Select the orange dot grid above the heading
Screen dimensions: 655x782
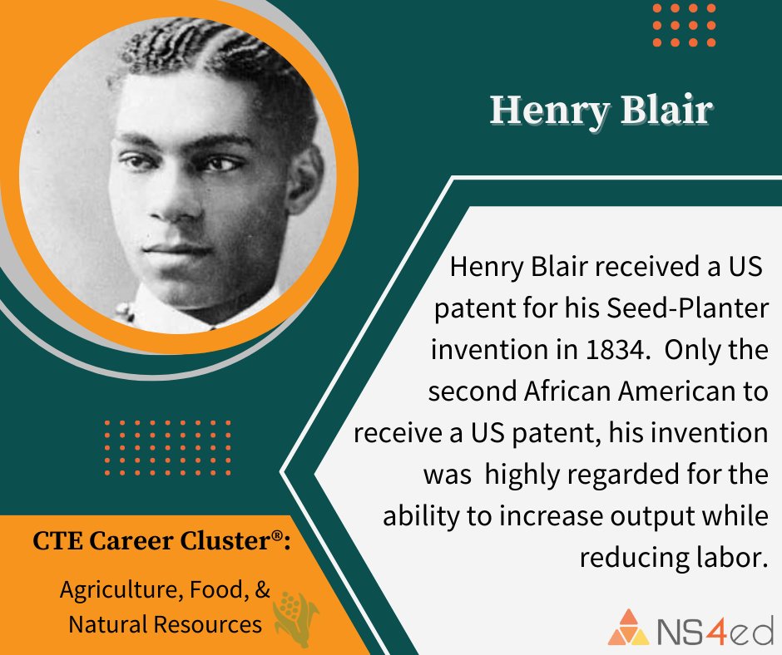pyautogui.click(x=684, y=25)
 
